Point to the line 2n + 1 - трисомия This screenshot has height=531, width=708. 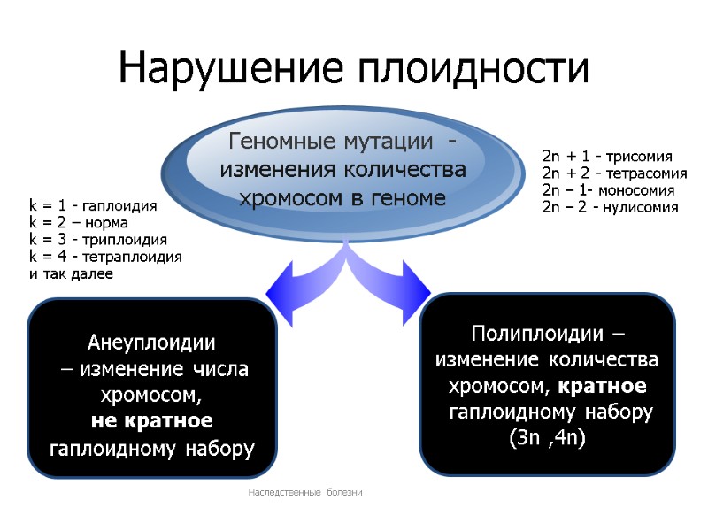(x=607, y=155)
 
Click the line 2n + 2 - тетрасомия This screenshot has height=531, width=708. (x=614, y=173)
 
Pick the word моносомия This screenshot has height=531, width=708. (x=632, y=190)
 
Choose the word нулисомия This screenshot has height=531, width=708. (x=635, y=208)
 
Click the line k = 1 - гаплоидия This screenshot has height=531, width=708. (x=93, y=205)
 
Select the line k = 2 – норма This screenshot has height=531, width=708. (x=79, y=222)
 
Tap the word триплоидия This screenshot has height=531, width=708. (x=123, y=240)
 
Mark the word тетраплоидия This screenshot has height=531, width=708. (x=132, y=257)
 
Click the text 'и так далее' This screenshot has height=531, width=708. (x=72, y=274)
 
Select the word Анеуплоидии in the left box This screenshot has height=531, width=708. (x=151, y=343)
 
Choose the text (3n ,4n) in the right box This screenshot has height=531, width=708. (x=548, y=438)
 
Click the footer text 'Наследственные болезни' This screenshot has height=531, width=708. (x=304, y=492)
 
